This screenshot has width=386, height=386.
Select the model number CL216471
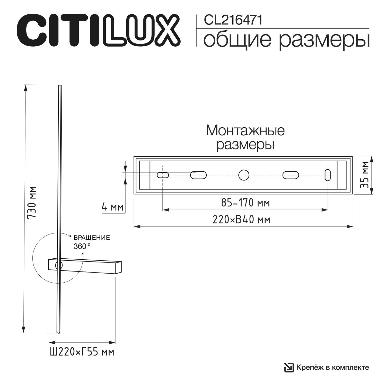tap(233, 20)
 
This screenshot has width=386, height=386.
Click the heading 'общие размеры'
tap(286, 40)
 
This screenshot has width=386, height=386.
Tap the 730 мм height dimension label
tap(32, 203)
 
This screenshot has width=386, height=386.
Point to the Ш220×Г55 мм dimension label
tap(82, 352)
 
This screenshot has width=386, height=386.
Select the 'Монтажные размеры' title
tap(245, 138)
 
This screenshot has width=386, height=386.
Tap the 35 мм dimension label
tap(365, 175)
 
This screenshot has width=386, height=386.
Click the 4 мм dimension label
tap(112, 207)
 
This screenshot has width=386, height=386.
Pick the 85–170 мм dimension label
tap(245, 203)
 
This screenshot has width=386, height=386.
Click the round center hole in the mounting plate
tap(244, 175)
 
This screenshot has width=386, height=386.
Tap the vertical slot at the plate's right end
tap(328, 175)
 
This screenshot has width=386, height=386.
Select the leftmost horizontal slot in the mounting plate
tap(163, 175)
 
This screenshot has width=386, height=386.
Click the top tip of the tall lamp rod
tap(60, 86)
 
